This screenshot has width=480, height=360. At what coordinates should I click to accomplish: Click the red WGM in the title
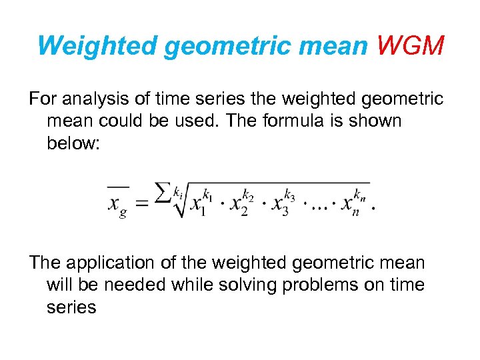point(409,46)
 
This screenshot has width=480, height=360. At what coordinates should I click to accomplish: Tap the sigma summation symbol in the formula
point(163,193)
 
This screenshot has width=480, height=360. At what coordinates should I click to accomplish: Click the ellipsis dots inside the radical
point(317,206)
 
